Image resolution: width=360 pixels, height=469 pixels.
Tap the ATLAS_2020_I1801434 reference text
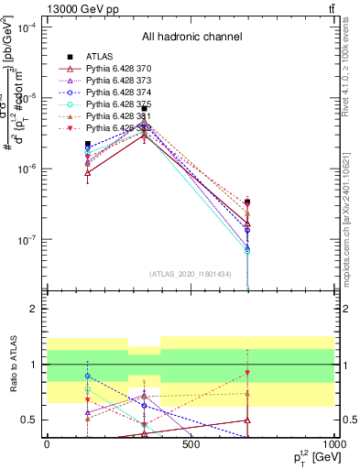coord(191,275)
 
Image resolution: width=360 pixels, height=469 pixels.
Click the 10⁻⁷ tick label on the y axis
coord(27,240)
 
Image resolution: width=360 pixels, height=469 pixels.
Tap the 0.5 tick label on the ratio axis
coord(28,420)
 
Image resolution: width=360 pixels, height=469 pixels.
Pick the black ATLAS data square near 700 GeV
coord(247,202)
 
